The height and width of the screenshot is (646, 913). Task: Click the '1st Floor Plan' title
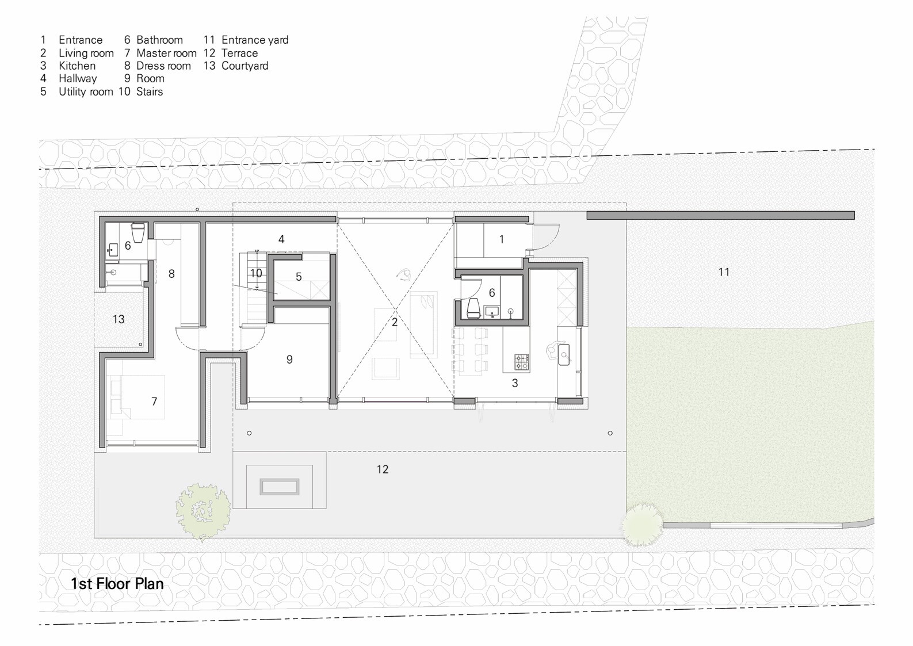tap(117, 583)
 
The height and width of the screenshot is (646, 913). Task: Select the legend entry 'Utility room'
tap(85, 91)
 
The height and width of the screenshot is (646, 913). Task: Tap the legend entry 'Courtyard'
tap(245, 66)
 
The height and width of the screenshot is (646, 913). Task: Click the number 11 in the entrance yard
tap(724, 272)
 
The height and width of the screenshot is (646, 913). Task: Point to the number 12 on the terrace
tap(383, 469)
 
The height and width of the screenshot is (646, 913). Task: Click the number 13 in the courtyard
tap(119, 319)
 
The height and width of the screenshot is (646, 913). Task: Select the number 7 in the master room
tap(154, 402)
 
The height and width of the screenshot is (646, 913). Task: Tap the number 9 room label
tap(289, 360)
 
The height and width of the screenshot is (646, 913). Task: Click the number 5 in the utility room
tap(299, 277)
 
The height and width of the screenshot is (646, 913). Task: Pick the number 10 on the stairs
tap(256, 273)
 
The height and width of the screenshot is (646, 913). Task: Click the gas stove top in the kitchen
tap(522, 362)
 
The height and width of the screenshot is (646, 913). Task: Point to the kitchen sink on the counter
tap(564, 355)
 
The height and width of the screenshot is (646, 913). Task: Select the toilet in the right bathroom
tap(473, 308)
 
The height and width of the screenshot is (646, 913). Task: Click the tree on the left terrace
tap(202, 510)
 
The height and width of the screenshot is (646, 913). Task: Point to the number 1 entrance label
tap(502, 239)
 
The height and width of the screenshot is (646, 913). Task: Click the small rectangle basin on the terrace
tap(280, 487)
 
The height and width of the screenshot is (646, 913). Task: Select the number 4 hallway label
tap(281, 239)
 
